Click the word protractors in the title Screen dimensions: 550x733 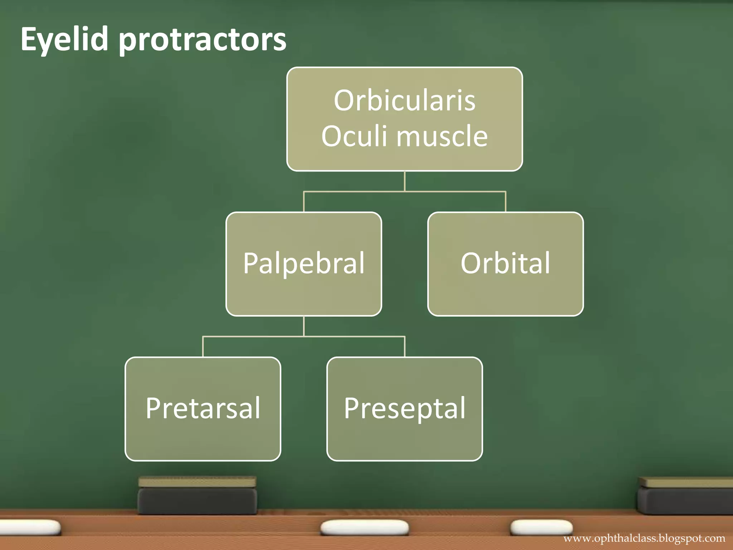pos(202,40)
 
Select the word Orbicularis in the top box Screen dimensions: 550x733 pos(404,101)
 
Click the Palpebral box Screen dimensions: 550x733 pos(304,264)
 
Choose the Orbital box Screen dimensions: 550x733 pos(505,264)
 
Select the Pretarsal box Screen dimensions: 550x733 pos(203,409)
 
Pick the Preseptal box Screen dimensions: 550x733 pos(404,409)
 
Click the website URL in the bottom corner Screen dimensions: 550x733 pos(644,538)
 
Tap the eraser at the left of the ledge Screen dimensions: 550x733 pos(197,496)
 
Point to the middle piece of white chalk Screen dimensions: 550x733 pos(364,527)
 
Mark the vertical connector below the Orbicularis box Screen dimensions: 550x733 pos(404,181)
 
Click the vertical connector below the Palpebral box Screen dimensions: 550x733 pos(304,326)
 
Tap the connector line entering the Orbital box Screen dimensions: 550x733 pos(505,202)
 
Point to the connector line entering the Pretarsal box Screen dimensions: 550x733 pos(203,347)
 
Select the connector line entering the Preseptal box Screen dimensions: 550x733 pos(404,347)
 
